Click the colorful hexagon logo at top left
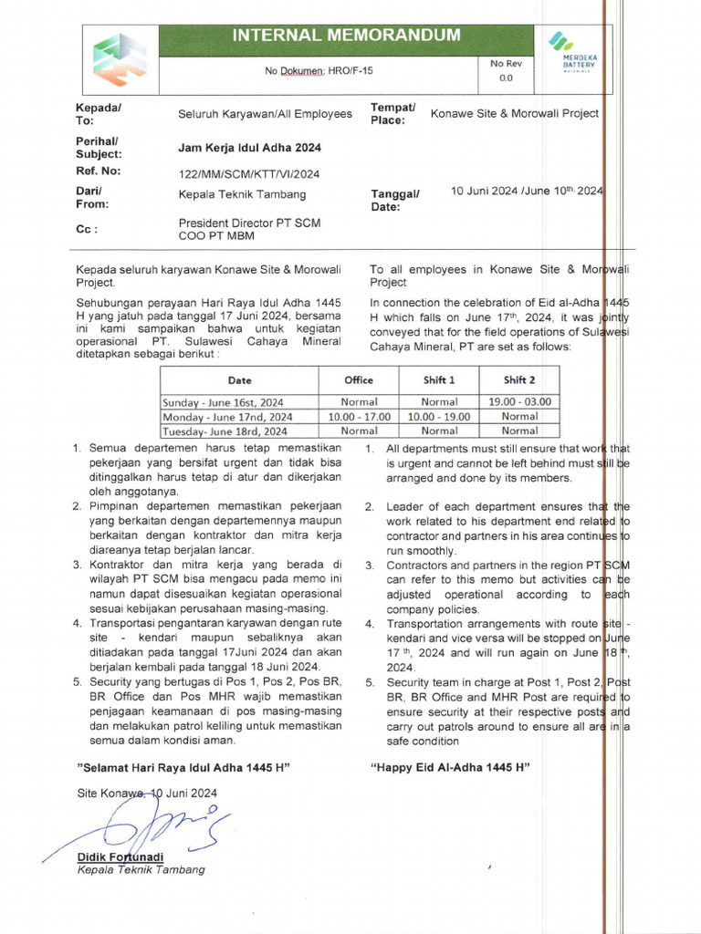click(x=120, y=59)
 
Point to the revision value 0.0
click(x=506, y=78)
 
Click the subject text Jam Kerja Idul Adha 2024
click(x=249, y=148)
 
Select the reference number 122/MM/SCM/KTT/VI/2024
click(x=249, y=173)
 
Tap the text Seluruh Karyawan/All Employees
click(x=265, y=114)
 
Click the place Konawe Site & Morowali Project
click(x=515, y=114)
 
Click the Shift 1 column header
click(x=439, y=380)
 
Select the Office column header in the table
click(x=359, y=380)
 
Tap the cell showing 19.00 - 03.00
click(x=519, y=401)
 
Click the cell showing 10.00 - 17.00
click(x=359, y=416)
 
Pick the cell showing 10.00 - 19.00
click(x=439, y=416)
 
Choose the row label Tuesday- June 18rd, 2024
click(x=225, y=431)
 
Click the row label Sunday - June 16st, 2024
click(x=223, y=401)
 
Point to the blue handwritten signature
click(x=137, y=825)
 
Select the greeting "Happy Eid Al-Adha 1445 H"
click(x=450, y=767)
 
